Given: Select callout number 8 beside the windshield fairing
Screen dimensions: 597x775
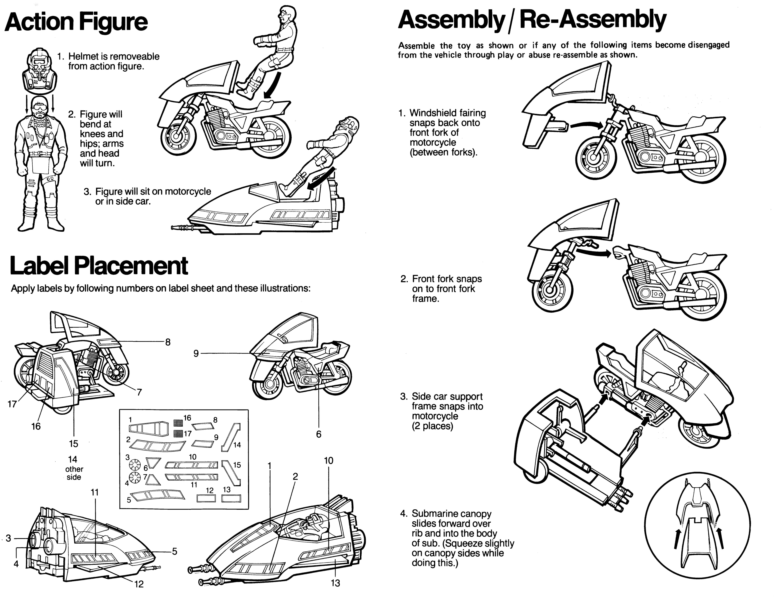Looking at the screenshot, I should tap(168, 342).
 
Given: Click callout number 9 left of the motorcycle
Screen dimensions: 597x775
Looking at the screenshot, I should tap(196, 353).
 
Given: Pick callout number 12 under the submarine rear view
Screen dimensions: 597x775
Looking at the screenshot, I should tap(139, 584).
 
